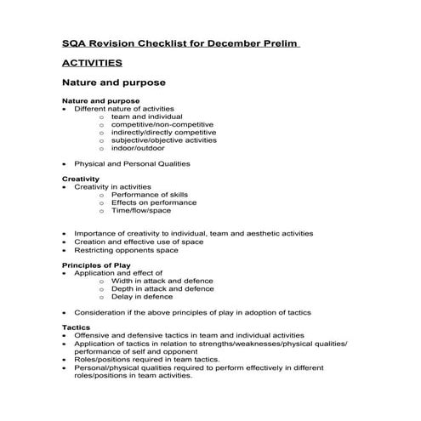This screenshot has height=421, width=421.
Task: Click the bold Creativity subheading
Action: click(x=81, y=179)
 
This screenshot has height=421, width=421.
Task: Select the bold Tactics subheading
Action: click(x=76, y=327)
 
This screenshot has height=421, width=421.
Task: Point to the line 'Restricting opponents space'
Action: click(x=126, y=250)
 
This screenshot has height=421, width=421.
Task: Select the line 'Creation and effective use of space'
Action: click(x=139, y=242)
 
